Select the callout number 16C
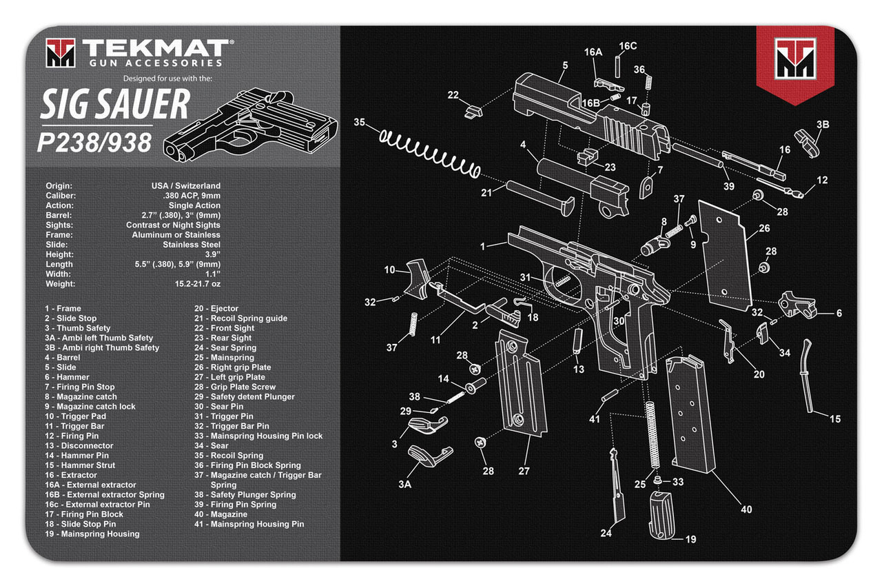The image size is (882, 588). pyautogui.click(x=628, y=46)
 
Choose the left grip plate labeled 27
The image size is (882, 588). pyautogui.click(x=520, y=390)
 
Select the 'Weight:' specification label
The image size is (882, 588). pyautogui.click(x=61, y=284)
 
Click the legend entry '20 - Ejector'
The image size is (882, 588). pyautogui.click(x=216, y=309)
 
